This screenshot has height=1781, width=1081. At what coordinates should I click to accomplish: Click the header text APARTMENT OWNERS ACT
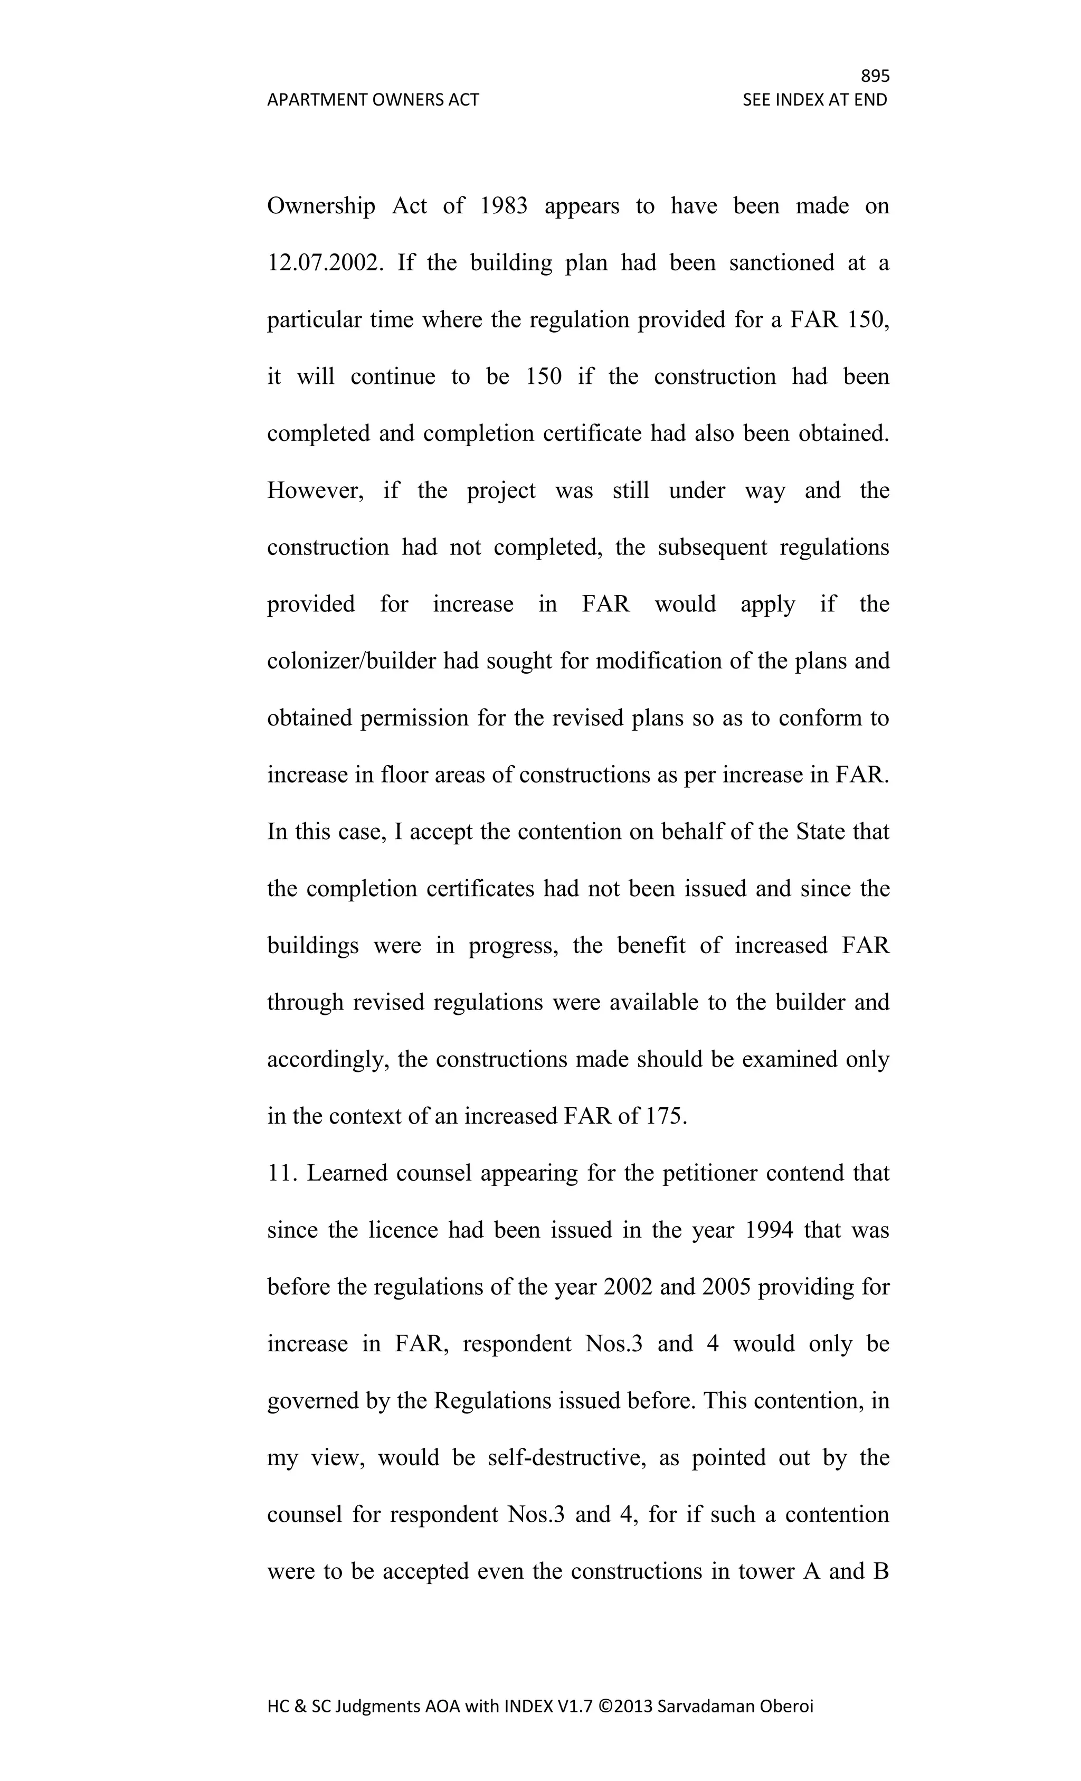(373, 100)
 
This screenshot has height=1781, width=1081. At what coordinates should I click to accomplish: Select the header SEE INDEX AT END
(814, 100)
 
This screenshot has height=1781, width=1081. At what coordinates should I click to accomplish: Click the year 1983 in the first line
(503, 206)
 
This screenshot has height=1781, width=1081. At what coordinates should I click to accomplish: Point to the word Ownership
(321, 206)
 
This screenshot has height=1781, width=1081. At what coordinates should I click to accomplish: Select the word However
(315, 491)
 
